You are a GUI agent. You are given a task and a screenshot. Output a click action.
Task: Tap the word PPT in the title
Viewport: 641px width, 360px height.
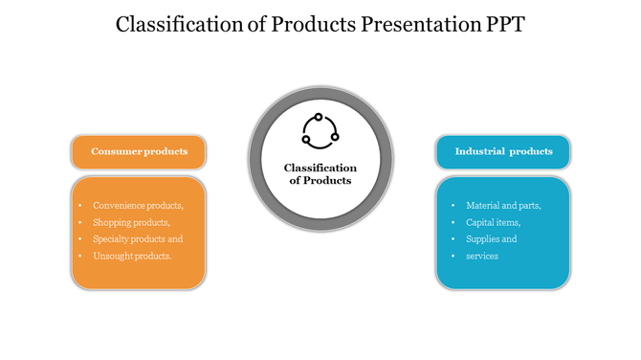(x=498, y=25)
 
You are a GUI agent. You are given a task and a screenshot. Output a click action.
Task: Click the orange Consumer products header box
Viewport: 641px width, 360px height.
(x=138, y=151)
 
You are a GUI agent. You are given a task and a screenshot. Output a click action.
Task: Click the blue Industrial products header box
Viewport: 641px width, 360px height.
(x=503, y=151)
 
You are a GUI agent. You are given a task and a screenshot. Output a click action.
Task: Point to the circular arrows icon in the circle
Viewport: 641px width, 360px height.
(x=320, y=131)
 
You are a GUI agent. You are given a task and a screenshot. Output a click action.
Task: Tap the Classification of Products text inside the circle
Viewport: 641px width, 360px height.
(x=320, y=174)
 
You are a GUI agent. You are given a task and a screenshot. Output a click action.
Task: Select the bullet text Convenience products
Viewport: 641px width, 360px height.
(x=138, y=205)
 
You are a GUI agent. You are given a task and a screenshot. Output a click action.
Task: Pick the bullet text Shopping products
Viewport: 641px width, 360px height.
(x=131, y=222)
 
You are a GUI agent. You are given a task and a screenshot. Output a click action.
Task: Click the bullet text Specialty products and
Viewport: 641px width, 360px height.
(x=138, y=239)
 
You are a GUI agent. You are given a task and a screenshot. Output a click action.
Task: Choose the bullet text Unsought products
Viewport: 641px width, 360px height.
(x=132, y=257)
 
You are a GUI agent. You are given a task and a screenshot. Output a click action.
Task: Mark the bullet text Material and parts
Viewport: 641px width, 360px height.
(x=503, y=205)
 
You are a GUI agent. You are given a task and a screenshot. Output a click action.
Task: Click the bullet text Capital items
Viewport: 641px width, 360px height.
(x=493, y=222)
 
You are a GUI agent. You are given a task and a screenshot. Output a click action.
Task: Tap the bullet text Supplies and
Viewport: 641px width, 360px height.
(x=491, y=239)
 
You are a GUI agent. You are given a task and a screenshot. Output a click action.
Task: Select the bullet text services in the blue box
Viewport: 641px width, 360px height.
(x=482, y=257)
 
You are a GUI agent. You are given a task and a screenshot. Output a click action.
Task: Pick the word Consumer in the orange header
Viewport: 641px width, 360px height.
(x=115, y=151)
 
